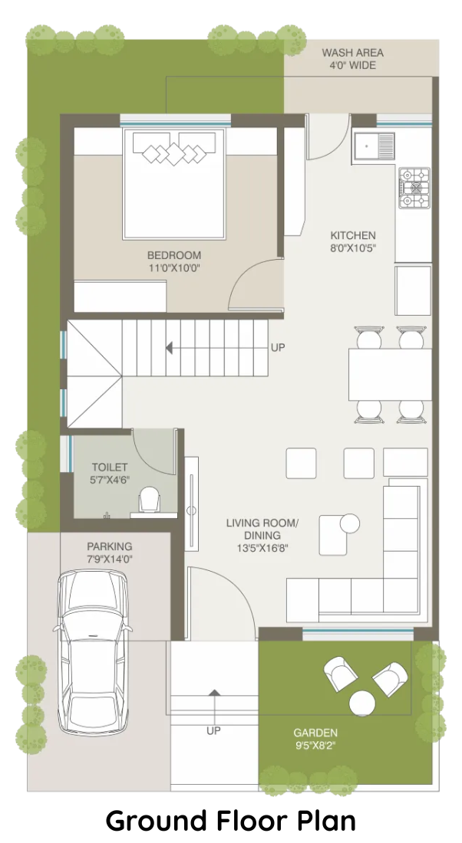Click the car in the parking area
pyautogui.click(x=93, y=652)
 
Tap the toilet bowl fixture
pyautogui.click(x=149, y=500)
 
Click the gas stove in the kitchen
pyautogui.click(x=414, y=188)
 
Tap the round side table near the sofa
pyautogui.click(x=349, y=523)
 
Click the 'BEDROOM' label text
pyautogui.click(x=174, y=255)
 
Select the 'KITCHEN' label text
pyautogui.click(x=353, y=235)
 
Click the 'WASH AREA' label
pyautogui.click(x=353, y=53)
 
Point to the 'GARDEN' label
pyautogui.click(x=315, y=733)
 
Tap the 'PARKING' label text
pyautogui.click(x=109, y=546)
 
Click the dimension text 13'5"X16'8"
pyautogui.click(x=262, y=549)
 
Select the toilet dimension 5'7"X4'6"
pyautogui.click(x=109, y=480)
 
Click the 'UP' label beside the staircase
pyautogui.click(x=278, y=348)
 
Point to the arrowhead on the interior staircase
pyautogui.click(x=169, y=349)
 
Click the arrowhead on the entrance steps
pyautogui.click(x=214, y=693)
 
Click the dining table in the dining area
pyautogui.click(x=390, y=375)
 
